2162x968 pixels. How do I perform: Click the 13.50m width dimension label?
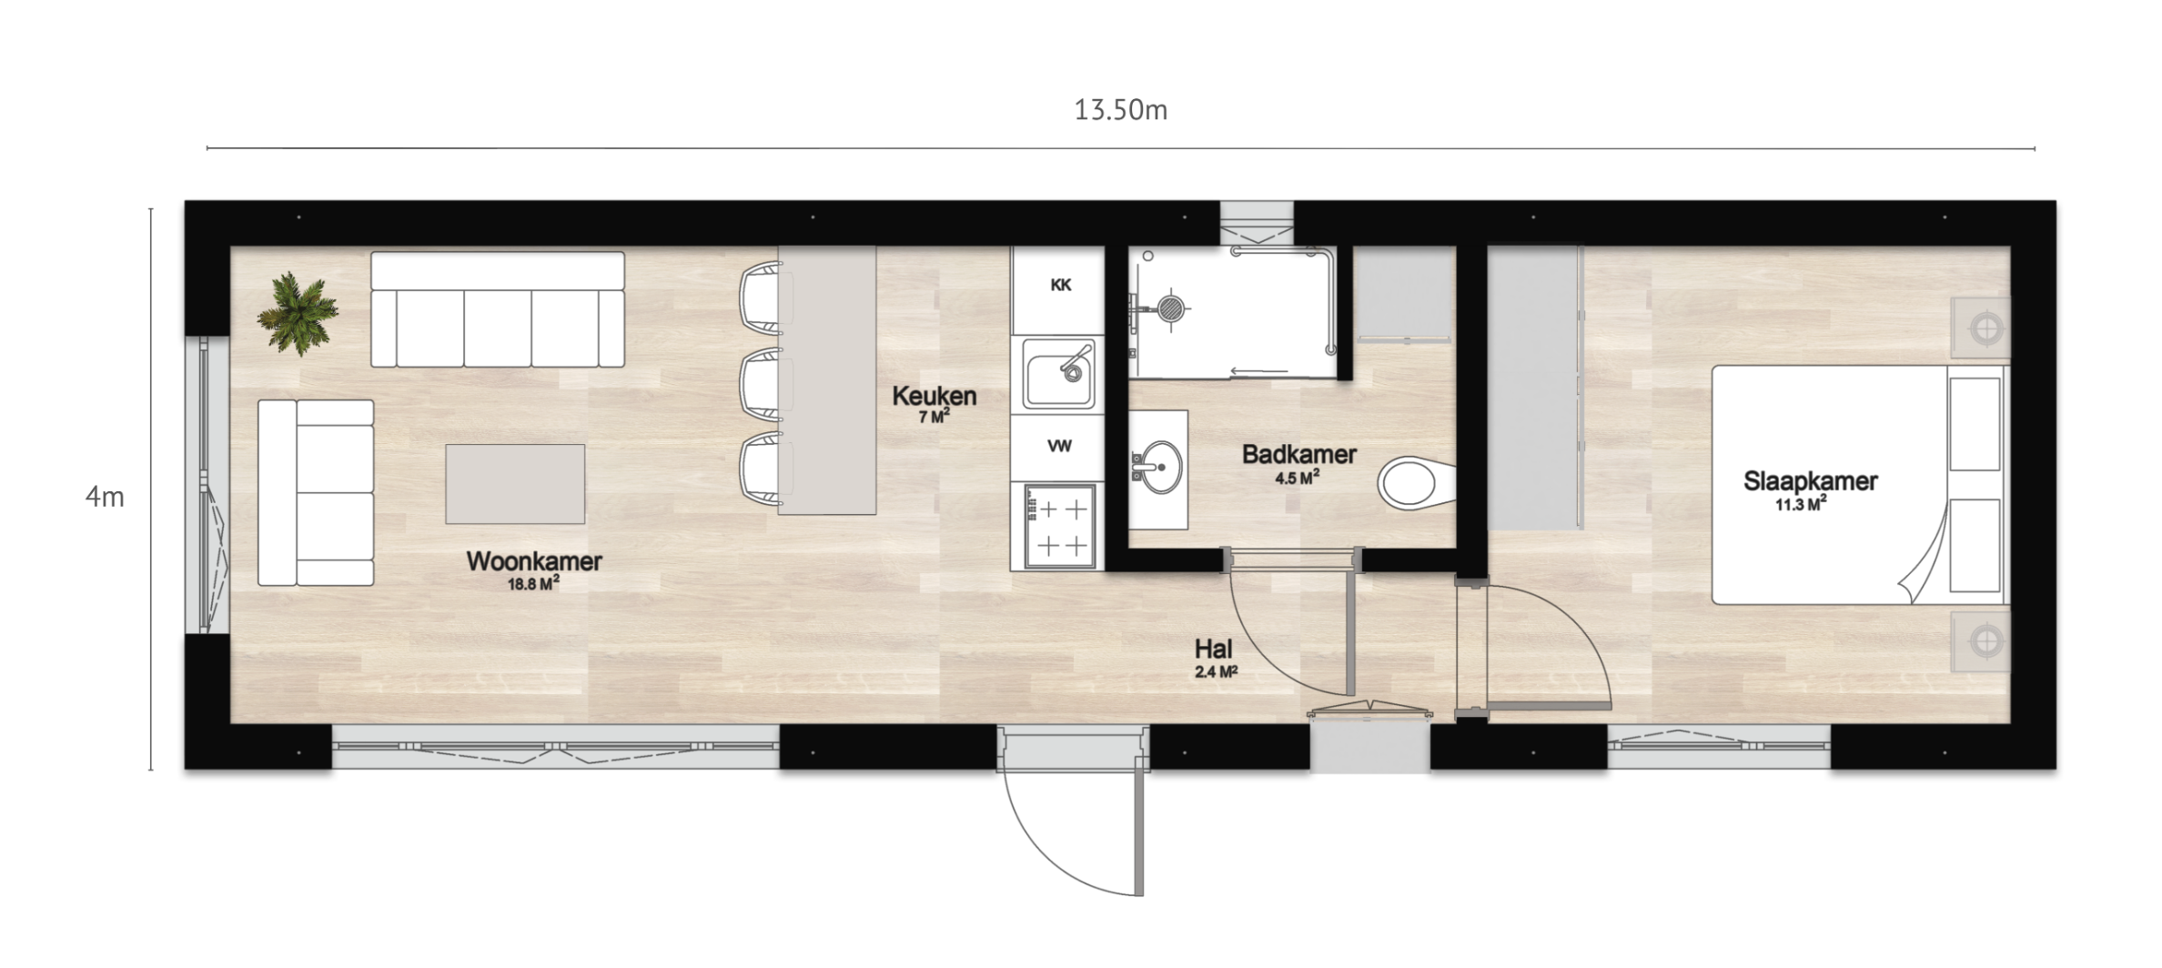[x=1120, y=110]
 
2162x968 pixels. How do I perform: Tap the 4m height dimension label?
[x=105, y=497]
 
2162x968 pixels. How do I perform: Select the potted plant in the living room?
[x=298, y=313]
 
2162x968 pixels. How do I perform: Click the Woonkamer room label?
[x=534, y=561]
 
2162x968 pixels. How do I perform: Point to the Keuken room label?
[x=935, y=396]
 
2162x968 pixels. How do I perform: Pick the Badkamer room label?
[x=1298, y=454]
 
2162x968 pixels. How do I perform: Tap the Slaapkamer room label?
[x=1810, y=481]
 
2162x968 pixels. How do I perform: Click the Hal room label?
[x=1214, y=649]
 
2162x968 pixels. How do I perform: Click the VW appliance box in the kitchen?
[x=1057, y=447]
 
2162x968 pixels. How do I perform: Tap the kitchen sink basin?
[x=1058, y=373]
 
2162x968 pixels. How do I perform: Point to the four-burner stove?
[x=1059, y=527]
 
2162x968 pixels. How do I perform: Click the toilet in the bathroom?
[x=1416, y=482]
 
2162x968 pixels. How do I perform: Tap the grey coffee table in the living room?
[x=515, y=484]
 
